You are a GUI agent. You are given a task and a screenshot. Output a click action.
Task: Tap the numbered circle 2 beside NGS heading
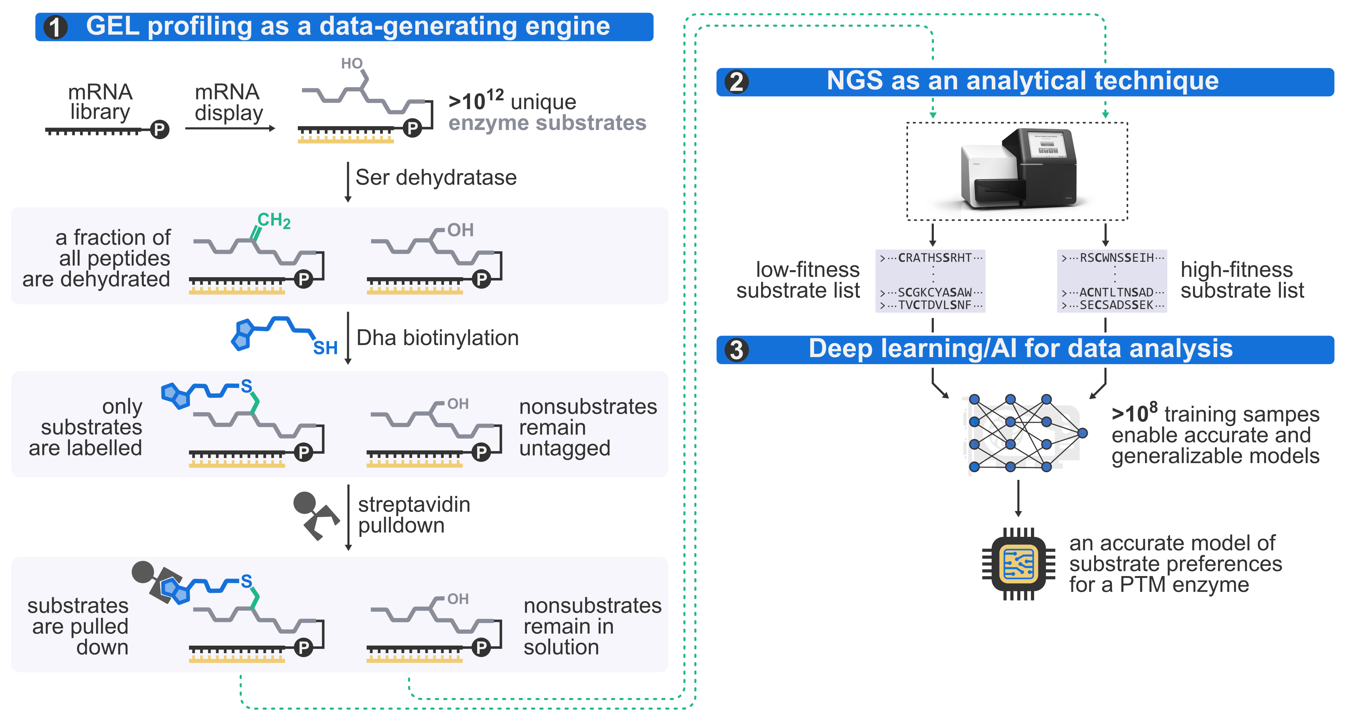[x=736, y=82]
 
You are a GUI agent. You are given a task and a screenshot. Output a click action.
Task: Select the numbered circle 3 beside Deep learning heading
[x=736, y=350]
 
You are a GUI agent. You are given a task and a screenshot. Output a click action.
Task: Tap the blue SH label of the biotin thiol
[x=325, y=348]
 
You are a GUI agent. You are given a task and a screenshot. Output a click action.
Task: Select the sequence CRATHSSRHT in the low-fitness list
[x=934, y=258]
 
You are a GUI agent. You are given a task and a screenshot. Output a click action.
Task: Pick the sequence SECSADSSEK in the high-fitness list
[x=1116, y=305]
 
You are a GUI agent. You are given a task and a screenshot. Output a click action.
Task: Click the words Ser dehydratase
[x=435, y=178]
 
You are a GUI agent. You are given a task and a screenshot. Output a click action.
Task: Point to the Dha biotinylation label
[x=437, y=338]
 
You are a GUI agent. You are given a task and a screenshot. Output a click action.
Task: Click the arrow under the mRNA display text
[x=230, y=129]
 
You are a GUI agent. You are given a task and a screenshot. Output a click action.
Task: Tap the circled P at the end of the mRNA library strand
[x=160, y=129]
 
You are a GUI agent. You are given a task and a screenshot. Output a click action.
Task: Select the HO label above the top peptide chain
[x=351, y=64]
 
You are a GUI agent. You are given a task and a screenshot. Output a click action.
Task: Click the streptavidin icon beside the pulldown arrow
[x=315, y=515]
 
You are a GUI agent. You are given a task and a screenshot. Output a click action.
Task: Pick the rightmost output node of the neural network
[x=1082, y=433]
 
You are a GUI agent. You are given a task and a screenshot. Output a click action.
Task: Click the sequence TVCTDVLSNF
[x=934, y=305]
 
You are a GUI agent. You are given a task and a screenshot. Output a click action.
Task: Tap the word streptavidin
[x=414, y=504]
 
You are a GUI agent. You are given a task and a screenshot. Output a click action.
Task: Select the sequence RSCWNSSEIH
[x=1116, y=258]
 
